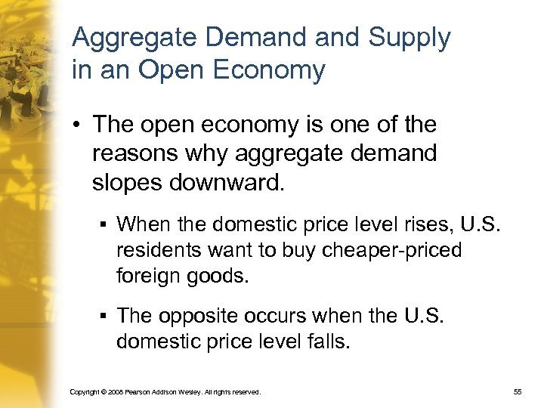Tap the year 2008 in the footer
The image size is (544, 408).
tap(111, 393)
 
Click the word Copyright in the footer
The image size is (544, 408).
tap(83, 393)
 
